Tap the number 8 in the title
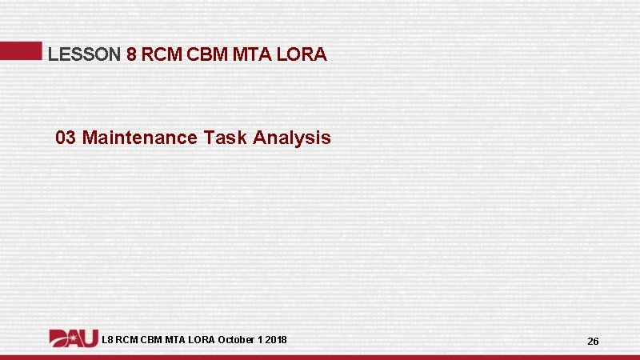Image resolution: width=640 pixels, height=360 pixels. click(132, 55)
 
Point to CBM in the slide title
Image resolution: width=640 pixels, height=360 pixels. click(207, 55)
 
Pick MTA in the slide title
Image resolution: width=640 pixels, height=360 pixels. click(250, 55)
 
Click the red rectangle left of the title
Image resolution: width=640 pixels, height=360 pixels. click(21, 50)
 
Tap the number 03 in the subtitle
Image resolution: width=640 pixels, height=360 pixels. click(66, 138)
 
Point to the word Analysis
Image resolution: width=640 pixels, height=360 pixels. click(292, 138)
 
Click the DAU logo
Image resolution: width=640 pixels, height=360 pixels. click(74, 339)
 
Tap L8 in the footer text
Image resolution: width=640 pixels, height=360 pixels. click(108, 340)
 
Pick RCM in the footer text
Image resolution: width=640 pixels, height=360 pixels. click(128, 340)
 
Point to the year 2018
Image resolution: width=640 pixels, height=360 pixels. click(276, 340)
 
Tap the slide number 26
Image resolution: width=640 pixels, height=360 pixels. click(593, 342)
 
